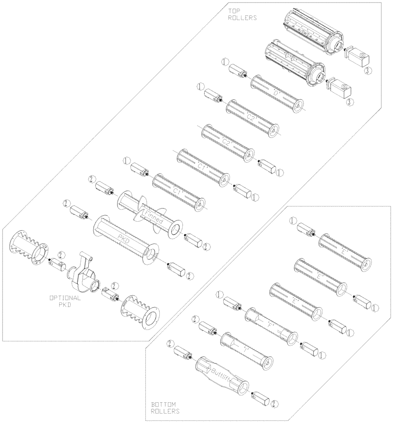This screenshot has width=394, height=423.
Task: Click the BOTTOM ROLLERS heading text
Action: (x=165, y=407)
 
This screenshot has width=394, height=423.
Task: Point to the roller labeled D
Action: (x=277, y=93)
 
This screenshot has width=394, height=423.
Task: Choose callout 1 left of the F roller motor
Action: (x=219, y=294)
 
